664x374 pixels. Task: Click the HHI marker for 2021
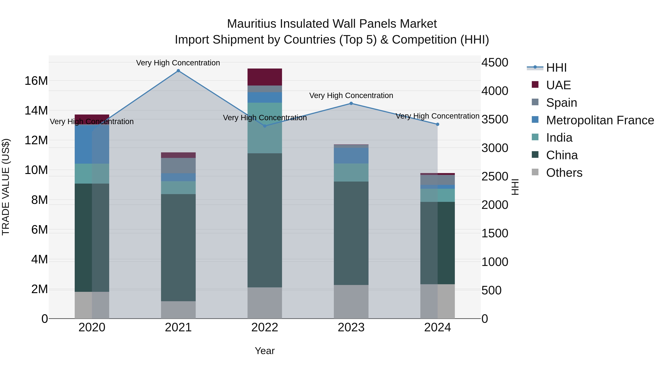click(178, 71)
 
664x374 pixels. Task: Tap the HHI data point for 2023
click(351, 103)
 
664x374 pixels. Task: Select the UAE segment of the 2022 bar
click(265, 77)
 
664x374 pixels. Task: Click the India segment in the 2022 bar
click(265, 128)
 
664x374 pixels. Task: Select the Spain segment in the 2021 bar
click(178, 165)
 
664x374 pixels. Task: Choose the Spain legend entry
click(561, 103)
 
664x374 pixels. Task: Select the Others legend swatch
click(535, 172)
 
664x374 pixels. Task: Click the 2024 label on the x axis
click(438, 327)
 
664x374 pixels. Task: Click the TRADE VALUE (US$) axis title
click(6, 187)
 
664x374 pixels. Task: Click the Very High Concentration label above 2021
click(178, 63)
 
